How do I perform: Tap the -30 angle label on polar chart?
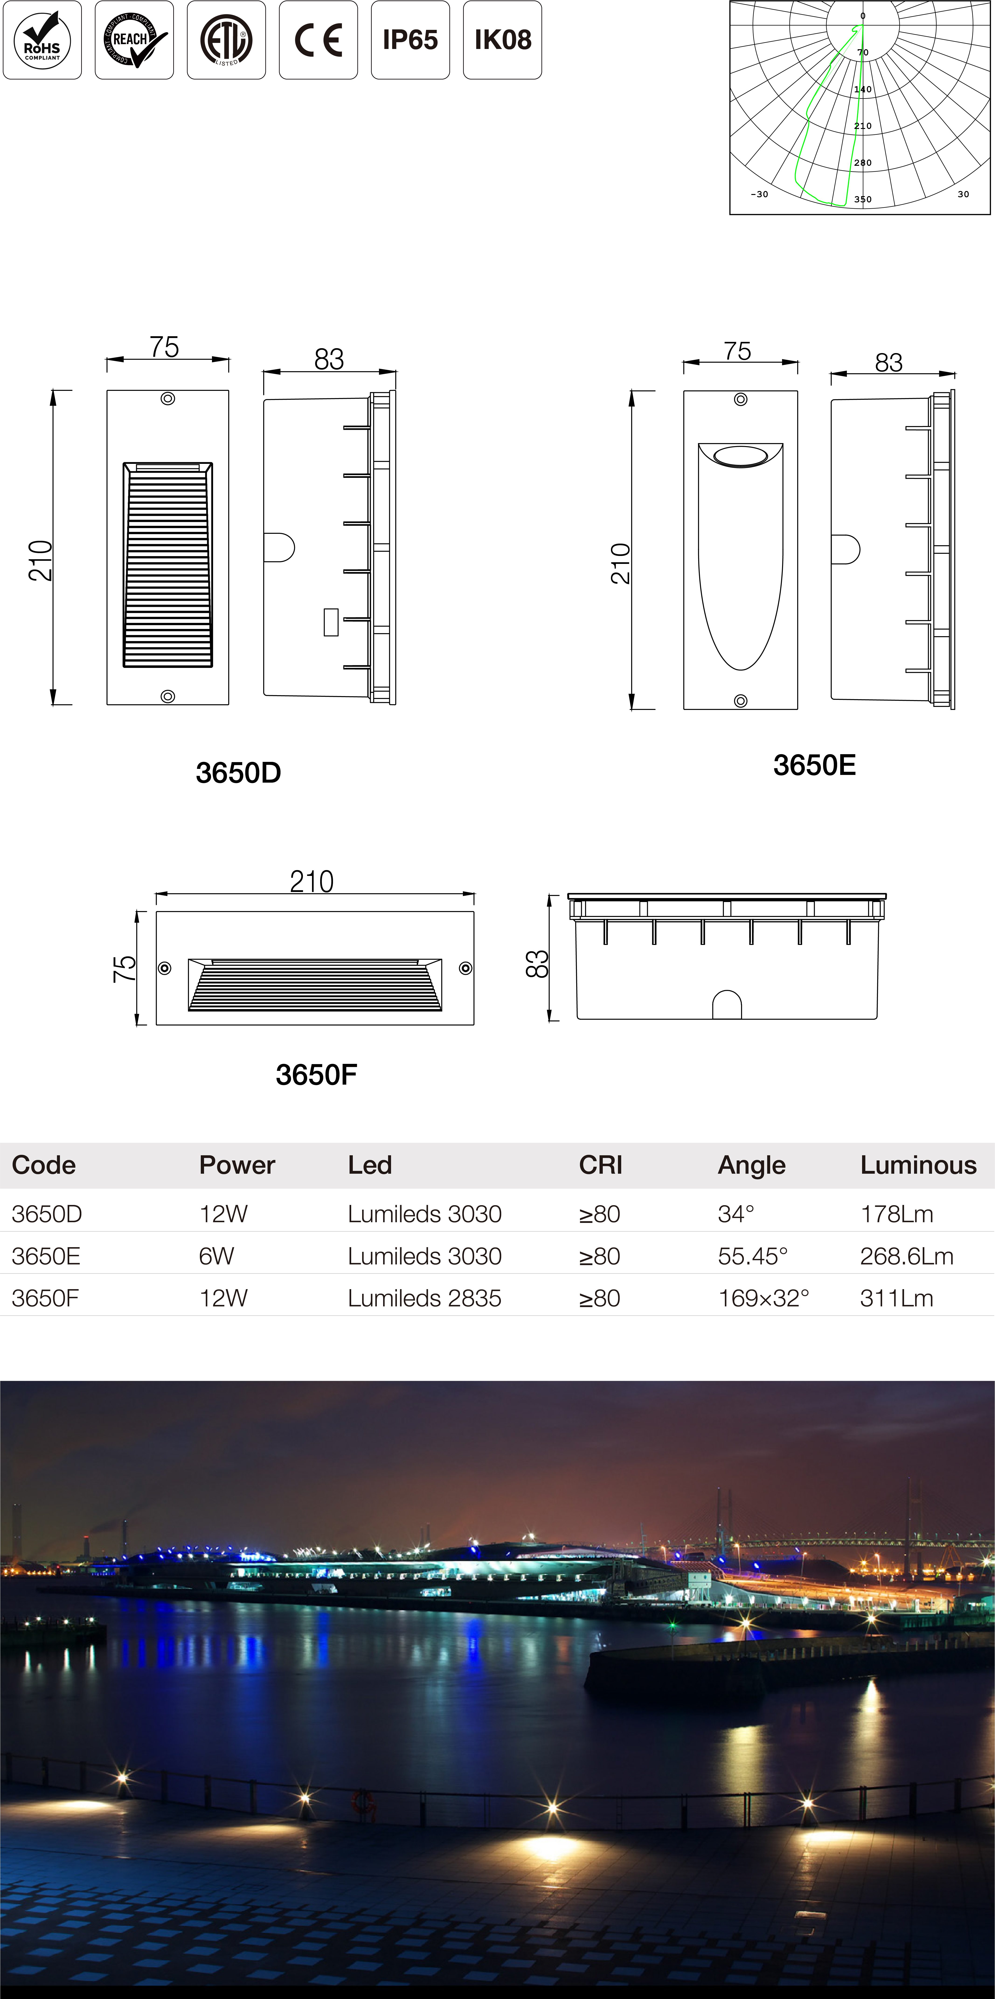759,194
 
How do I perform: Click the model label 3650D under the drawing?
238,773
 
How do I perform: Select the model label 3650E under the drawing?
814,765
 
